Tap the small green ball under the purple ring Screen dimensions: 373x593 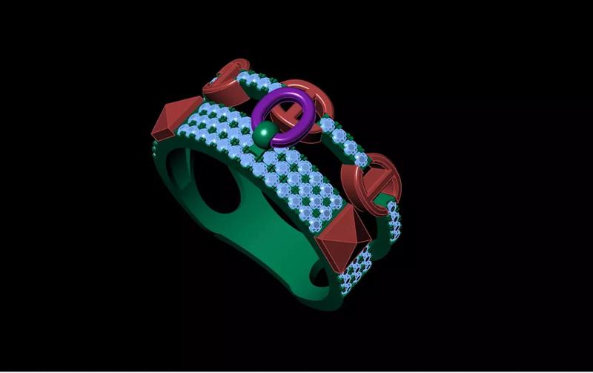coord(264,136)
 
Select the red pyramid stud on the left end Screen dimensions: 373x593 coord(176,119)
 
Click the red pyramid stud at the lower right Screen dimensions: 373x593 coord(341,234)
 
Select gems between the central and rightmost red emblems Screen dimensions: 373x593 coord(345,145)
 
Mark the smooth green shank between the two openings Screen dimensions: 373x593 coord(274,245)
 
